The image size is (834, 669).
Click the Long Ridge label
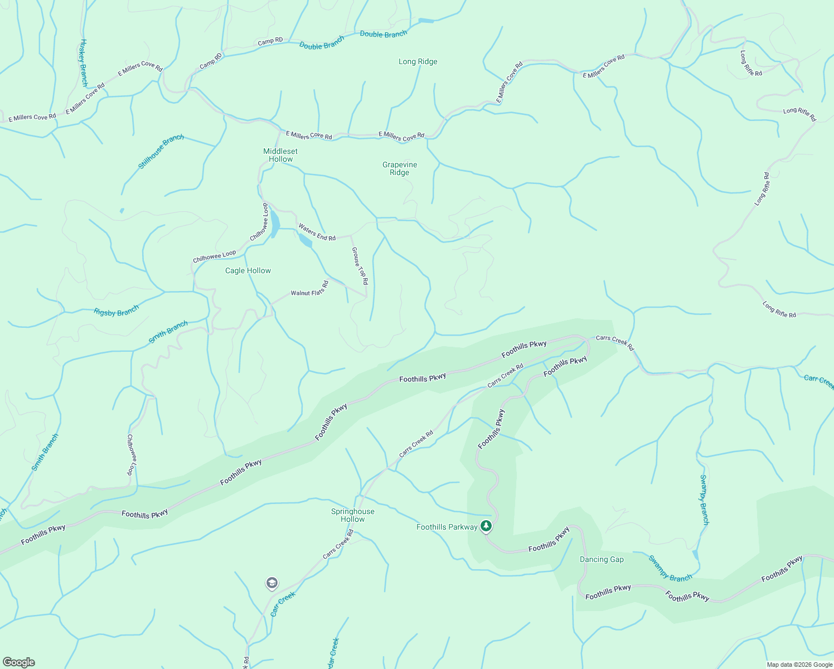(418, 62)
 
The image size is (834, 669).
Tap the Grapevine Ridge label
(400, 168)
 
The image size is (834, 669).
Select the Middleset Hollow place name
(280, 155)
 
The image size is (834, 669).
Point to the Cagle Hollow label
(248, 271)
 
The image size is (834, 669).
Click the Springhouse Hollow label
(353, 515)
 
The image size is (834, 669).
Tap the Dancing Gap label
(602, 560)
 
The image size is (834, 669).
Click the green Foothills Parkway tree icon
(486, 526)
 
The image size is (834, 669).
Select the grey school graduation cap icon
(271, 583)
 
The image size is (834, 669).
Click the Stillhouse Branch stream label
(161, 152)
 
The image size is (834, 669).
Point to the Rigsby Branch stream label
(117, 312)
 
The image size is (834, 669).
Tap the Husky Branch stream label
(84, 62)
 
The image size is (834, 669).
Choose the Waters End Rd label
(317, 232)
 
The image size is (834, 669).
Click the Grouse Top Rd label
(360, 266)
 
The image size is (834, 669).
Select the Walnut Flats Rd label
(309, 289)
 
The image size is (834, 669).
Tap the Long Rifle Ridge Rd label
(750, 64)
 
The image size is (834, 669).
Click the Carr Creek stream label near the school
(283, 604)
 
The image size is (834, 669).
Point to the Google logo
(18, 662)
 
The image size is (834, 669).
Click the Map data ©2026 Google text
(799, 665)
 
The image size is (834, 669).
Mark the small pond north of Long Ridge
(426, 21)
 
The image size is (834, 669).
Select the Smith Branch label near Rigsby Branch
(168, 332)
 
